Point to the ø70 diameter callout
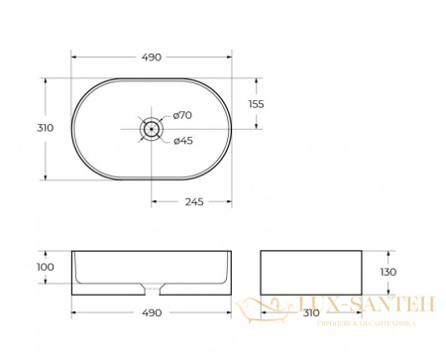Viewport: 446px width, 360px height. (x=183, y=116)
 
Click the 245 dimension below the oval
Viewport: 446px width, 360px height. (x=192, y=203)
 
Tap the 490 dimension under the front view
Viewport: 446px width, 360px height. (x=151, y=314)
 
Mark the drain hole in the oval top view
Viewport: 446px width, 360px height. (x=151, y=128)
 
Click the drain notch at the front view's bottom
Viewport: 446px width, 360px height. (x=151, y=290)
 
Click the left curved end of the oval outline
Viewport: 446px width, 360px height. (x=72, y=128)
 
